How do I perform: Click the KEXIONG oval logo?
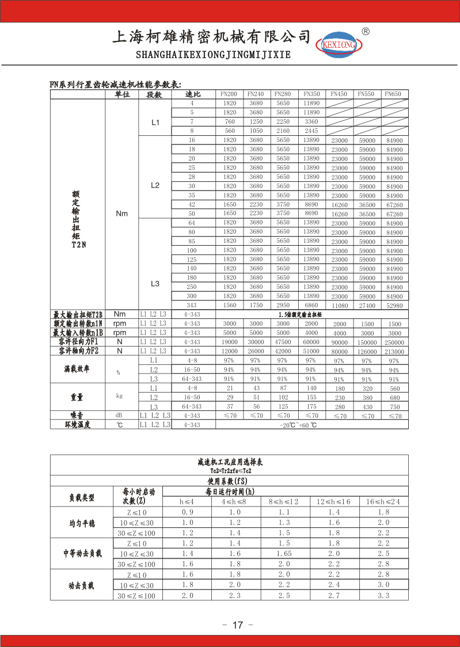(339, 44)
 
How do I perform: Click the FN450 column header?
(339, 94)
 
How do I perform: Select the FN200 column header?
(229, 94)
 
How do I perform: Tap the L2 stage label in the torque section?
(155, 185)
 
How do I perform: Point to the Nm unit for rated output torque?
(121, 214)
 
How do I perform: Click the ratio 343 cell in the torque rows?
(192, 305)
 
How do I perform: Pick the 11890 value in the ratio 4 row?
(311, 103)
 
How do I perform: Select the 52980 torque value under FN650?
(394, 305)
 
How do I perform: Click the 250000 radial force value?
(394, 342)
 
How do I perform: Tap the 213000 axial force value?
(394, 351)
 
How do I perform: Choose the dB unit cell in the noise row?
(119, 415)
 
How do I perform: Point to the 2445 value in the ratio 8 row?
(311, 131)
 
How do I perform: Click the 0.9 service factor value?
(188, 512)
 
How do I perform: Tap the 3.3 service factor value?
(383, 596)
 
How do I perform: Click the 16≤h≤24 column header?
(383, 502)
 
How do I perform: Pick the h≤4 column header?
(188, 502)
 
